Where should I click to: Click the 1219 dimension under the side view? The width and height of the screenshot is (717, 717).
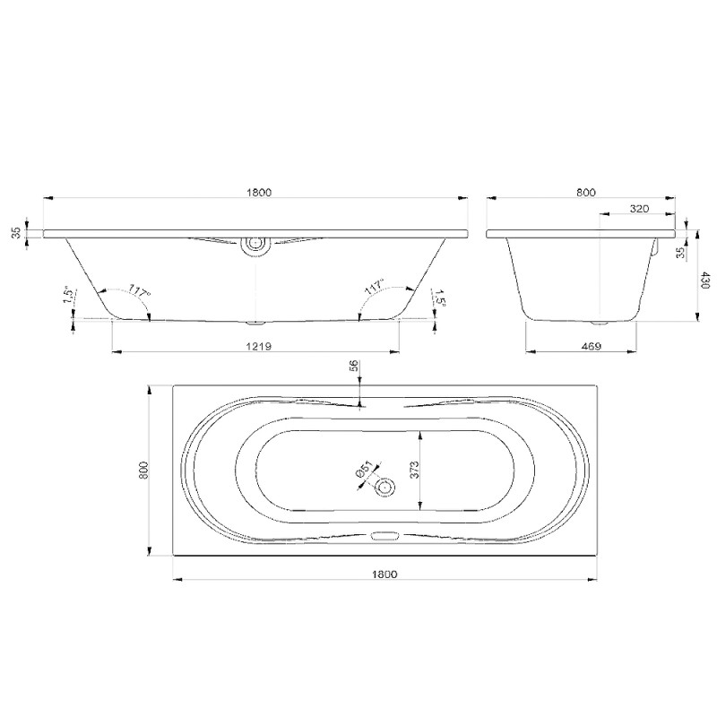point(259,346)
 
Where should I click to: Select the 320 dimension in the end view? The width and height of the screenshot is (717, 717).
point(639,209)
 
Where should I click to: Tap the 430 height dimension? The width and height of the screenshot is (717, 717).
point(704,280)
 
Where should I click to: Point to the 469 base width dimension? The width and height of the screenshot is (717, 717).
point(592,346)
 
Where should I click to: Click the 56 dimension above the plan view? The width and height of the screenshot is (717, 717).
point(353,366)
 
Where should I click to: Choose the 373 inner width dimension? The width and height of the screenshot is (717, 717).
point(414,470)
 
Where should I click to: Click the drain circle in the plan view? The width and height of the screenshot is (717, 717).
point(384,488)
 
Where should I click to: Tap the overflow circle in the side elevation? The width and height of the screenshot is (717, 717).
point(255,244)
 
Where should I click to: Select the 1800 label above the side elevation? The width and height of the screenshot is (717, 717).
point(259,193)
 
